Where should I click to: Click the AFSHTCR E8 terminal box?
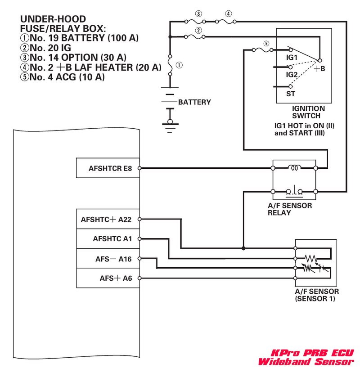(x=108, y=168)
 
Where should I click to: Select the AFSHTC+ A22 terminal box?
(x=108, y=220)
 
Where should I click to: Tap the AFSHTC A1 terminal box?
(x=108, y=239)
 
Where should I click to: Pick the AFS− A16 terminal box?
(x=108, y=259)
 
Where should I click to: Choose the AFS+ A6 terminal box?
(x=108, y=278)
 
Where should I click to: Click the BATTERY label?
(x=194, y=102)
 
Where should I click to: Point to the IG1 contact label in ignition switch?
(x=292, y=58)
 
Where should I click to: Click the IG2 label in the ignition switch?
(x=292, y=74)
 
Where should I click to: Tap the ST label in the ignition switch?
(x=291, y=94)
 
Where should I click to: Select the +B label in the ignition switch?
(x=319, y=69)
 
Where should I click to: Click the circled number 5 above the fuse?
(x=266, y=44)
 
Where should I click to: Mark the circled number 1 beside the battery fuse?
(x=179, y=65)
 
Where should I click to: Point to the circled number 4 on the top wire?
(x=229, y=14)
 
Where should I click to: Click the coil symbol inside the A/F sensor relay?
(x=295, y=168)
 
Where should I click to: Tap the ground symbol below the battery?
(x=170, y=128)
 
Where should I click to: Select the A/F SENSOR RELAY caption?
(x=290, y=209)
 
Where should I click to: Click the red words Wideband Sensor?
(x=306, y=362)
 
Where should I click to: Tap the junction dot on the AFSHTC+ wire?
(x=243, y=248)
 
